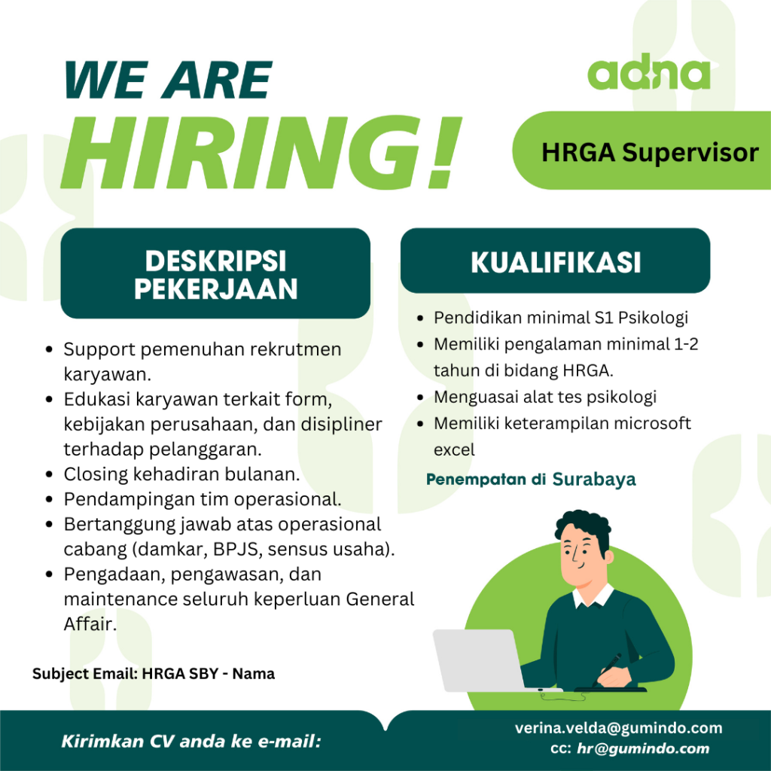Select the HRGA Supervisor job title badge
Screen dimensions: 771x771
[x=650, y=153]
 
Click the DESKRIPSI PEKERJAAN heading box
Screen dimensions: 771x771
[x=215, y=274]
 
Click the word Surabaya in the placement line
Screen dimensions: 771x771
[x=594, y=480]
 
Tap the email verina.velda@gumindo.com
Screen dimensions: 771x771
[x=618, y=728]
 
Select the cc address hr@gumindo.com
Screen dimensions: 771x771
[x=643, y=748]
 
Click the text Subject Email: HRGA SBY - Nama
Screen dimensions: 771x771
[x=154, y=674]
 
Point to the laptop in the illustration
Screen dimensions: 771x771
[x=479, y=660]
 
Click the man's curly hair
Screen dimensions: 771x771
[x=584, y=528]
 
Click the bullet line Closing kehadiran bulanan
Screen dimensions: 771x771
[x=181, y=475]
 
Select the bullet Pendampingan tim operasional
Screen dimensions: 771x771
[x=203, y=499]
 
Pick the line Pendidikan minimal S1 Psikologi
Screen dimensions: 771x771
[x=560, y=318]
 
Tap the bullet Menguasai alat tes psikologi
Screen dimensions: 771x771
[x=545, y=397]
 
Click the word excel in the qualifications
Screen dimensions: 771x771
[x=454, y=449]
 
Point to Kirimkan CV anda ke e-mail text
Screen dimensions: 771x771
[x=190, y=742]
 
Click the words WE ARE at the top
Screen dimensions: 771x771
[x=168, y=80]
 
